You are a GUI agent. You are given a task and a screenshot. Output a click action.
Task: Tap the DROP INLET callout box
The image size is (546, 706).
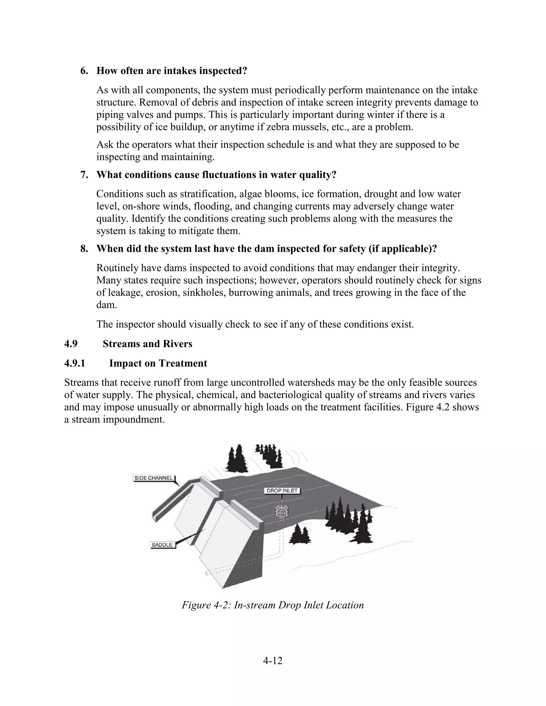pyautogui.click(x=282, y=491)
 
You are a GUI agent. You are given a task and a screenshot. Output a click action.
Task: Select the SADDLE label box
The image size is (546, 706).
pyautogui.click(x=162, y=545)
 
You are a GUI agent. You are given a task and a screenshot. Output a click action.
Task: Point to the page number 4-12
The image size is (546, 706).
pyautogui.click(x=273, y=661)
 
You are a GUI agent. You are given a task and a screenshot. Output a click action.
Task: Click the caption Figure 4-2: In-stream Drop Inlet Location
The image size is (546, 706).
pyautogui.click(x=273, y=605)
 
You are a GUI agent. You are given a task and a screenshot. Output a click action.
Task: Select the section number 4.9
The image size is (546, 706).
pyautogui.click(x=71, y=344)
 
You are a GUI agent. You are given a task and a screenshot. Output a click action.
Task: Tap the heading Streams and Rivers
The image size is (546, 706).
pyautogui.click(x=147, y=344)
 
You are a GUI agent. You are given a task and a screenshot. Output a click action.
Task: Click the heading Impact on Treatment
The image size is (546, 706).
pyautogui.click(x=158, y=363)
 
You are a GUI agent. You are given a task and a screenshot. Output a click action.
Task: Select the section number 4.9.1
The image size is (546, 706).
pyautogui.click(x=74, y=363)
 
